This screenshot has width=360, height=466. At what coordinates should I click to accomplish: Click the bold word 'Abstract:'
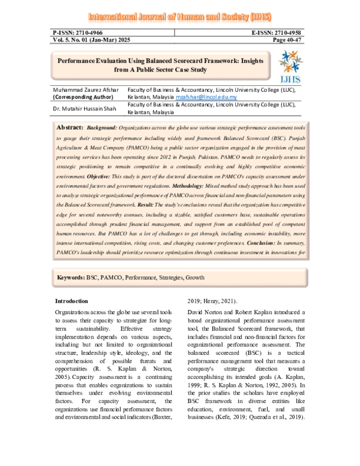(70, 129)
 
